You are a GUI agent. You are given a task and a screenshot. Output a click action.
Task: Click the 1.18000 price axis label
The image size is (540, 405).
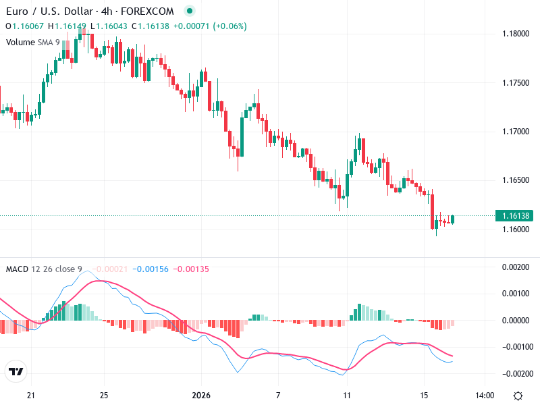tap(516, 34)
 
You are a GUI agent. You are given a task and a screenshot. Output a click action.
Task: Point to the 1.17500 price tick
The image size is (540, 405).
tap(516, 82)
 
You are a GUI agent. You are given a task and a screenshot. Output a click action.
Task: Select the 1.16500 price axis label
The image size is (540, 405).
tap(516, 180)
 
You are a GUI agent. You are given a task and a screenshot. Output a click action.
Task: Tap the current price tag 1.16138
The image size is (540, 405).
tap(516, 216)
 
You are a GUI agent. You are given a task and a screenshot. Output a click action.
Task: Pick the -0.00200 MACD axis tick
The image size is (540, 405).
tap(516, 373)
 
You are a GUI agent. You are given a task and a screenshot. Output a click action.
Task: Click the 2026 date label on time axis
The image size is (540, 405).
tap(202, 396)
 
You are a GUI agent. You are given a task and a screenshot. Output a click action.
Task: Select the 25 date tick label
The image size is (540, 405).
tap(104, 396)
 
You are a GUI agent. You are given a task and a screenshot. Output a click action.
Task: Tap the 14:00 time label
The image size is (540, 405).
tap(485, 396)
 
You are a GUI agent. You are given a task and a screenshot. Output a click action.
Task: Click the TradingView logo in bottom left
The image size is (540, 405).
tap(16, 372)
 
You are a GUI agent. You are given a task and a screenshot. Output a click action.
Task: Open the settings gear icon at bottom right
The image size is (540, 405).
tap(518, 396)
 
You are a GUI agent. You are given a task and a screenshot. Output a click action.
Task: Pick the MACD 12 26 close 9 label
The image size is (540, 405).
tap(44, 269)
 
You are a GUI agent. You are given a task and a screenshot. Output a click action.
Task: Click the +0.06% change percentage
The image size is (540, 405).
tap(230, 26)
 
